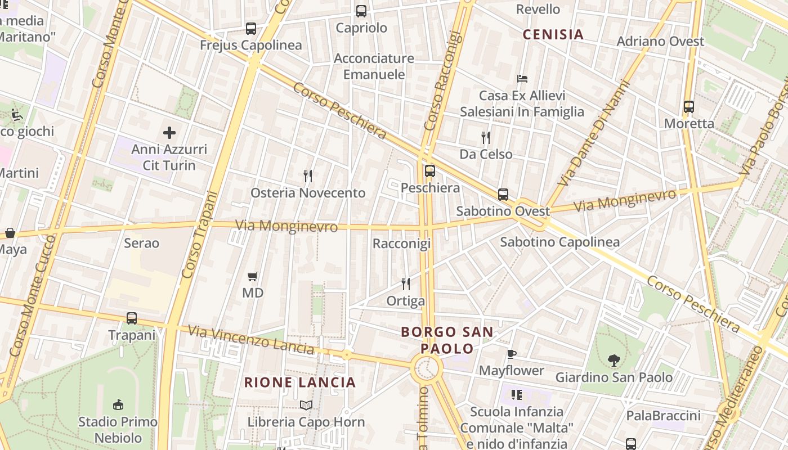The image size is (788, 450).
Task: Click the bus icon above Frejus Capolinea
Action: tap(251, 29)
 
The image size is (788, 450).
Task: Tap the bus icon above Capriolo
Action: tap(361, 11)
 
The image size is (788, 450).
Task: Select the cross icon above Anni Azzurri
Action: tap(169, 133)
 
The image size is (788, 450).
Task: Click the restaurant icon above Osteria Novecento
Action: tap(308, 176)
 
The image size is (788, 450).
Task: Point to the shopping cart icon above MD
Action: tap(253, 276)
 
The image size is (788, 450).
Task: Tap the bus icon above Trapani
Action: tap(132, 318)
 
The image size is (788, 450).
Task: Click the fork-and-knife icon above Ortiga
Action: tap(406, 284)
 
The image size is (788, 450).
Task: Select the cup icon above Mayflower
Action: tap(512, 354)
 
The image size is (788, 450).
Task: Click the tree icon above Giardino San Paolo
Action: tap(614, 361)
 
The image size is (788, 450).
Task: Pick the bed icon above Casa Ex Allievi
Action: tap(522, 79)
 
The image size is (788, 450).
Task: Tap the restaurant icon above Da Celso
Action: tap(486, 137)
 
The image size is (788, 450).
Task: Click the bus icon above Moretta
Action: tap(689, 107)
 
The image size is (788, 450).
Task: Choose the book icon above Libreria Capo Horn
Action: tap(306, 405)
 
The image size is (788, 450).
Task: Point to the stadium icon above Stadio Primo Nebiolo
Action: tap(118, 404)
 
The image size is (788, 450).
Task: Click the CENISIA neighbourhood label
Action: tap(553, 35)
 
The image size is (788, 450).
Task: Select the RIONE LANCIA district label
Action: tap(300, 382)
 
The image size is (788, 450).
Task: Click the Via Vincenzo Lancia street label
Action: tap(251, 340)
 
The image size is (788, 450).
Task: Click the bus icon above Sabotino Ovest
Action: tap(503, 195)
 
